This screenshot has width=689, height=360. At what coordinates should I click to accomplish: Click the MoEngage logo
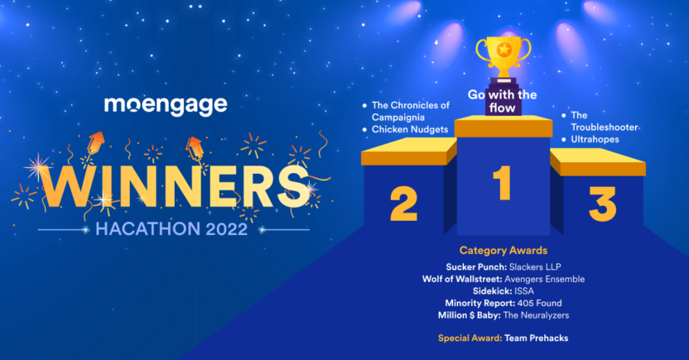[x=166, y=105]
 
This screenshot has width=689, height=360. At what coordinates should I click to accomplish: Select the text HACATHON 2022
[x=171, y=229]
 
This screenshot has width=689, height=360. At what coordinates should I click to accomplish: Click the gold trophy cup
[x=503, y=60]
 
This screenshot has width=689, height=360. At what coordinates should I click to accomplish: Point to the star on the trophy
[x=503, y=50]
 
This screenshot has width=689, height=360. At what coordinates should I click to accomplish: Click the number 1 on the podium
[x=502, y=183]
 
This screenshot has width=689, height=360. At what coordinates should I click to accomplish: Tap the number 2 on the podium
[x=403, y=204]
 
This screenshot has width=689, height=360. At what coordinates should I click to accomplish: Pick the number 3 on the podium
[x=602, y=204]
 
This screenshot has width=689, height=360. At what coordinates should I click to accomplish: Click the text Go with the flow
[x=502, y=101]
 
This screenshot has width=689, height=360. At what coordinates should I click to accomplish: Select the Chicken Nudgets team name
[x=410, y=129]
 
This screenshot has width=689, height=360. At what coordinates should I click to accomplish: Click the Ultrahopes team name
[x=595, y=140]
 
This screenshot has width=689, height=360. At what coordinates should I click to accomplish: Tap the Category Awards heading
[x=503, y=251]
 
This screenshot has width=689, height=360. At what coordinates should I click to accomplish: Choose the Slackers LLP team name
[x=535, y=267]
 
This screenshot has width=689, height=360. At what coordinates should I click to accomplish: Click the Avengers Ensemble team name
[x=544, y=279]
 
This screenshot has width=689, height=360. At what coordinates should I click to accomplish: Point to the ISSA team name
[x=524, y=291]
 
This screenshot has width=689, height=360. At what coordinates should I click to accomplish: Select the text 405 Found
[x=540, y=304]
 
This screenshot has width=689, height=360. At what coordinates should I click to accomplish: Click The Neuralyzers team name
[x=536, y=315]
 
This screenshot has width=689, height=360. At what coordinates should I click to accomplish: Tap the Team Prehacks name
[x=536, y=338]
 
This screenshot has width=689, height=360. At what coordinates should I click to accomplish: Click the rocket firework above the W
[x=94, y=143]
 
